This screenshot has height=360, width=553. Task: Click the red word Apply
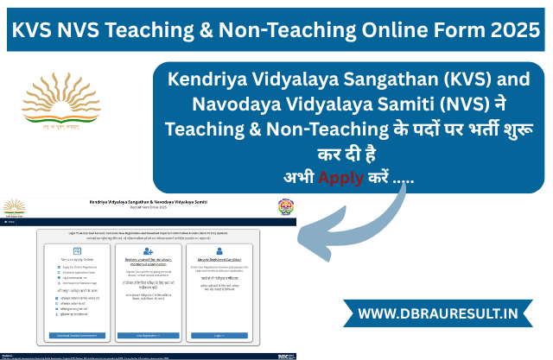(x=343, y=179)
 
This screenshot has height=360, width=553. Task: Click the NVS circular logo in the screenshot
(x=283, y=206)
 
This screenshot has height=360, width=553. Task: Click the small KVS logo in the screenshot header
(x=15, y=206)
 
